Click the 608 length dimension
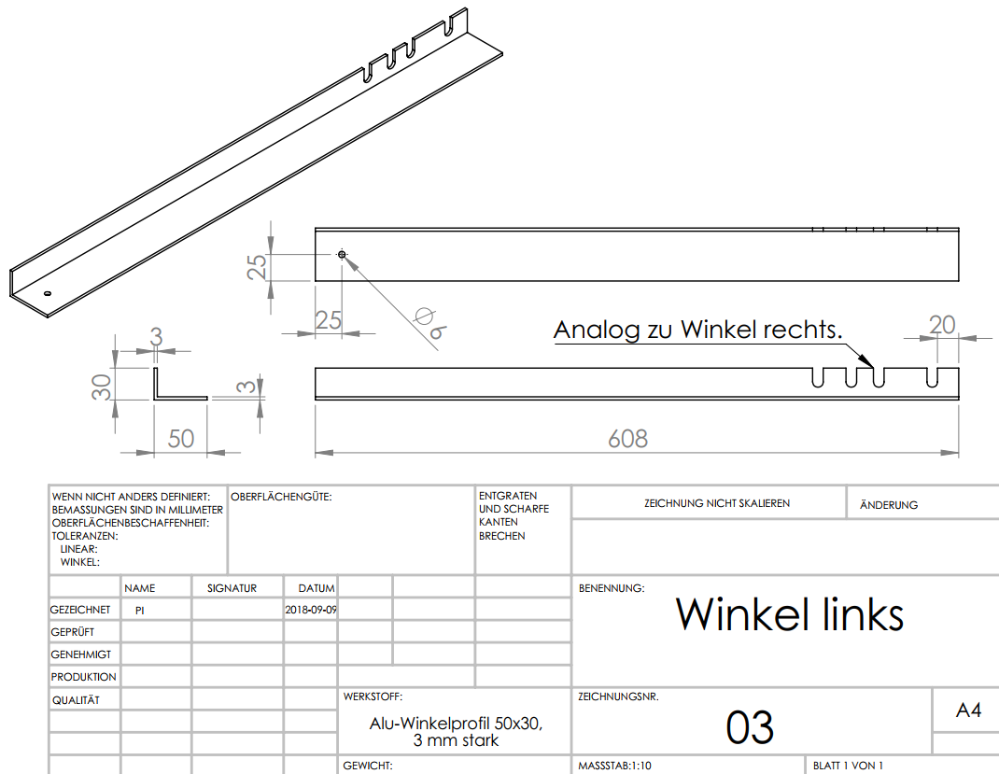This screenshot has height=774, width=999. pos(627,438)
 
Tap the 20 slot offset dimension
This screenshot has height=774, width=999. pos(942,324)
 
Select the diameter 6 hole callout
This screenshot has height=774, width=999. pos(430,324)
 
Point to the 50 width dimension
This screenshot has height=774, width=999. pos(180,438)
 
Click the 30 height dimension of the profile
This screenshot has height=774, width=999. pos(102,387)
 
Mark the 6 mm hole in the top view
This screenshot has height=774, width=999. pos(342,255)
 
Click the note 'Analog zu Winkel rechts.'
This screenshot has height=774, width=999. pos(697,330)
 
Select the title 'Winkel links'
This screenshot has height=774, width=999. pos(789,614)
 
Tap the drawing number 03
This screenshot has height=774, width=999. pos(750,727)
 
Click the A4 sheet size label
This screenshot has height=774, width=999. pos(968,710)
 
